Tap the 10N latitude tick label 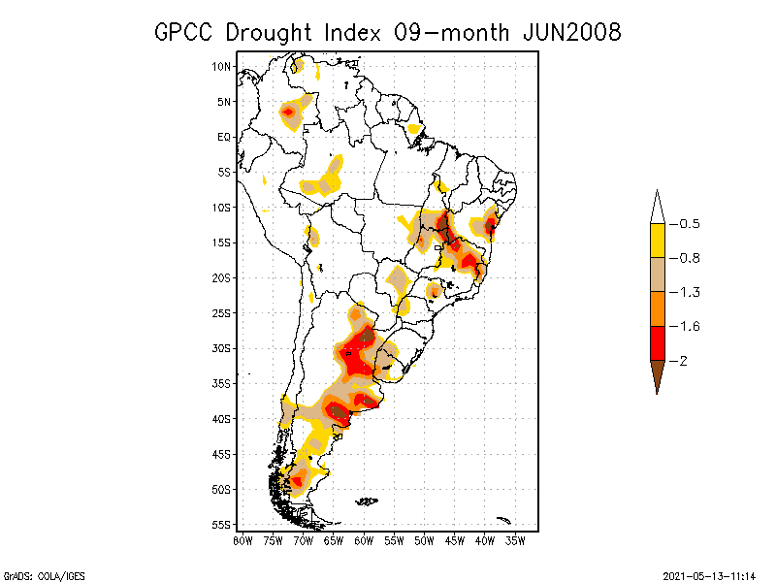click(x=221, y=66)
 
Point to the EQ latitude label click(x=224, y=137)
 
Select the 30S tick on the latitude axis click(x=221, y=348)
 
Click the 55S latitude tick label click(x=221, y=525)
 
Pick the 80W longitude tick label click(x=242, y=540)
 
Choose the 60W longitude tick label click(x=364, y=540)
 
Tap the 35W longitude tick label click(x=515, y=540)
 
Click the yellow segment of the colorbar click(x=657, y=241)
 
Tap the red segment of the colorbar click(x=657, y=342)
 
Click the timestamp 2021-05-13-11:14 click(x=710, y=575)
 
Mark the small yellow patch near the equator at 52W click(x=414, y=128)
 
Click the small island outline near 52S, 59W click(x=366, y=501)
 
